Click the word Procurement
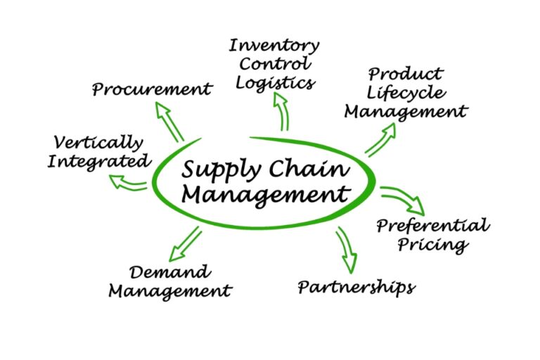(x=152, y=89)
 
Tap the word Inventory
(x=274, y=46)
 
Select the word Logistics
(x=274, y=82)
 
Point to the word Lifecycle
(x=406, y=93)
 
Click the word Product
(x=406, y=74)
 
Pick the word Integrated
(x=99, y=161)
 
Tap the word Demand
(x=169, y=271)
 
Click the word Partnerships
(x=356, y=287)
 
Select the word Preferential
(x=432, y=226)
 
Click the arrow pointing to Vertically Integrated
(x=128, y=183)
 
